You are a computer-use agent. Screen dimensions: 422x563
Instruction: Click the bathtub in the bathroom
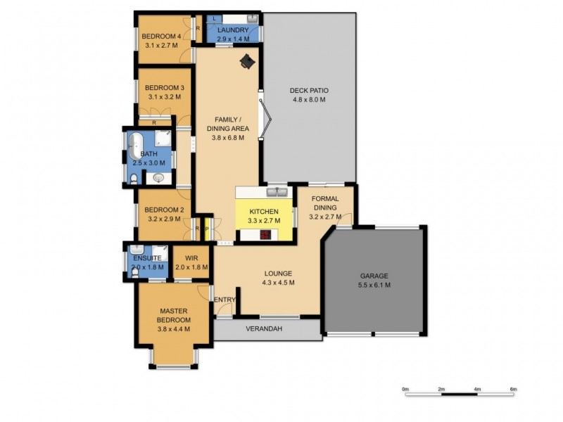coord(136,147)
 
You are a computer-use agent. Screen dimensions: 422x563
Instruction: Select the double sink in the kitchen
coord(276,192)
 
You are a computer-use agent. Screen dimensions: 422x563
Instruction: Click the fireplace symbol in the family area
coord(247,63)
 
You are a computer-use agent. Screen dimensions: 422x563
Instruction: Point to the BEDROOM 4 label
coord(161,37)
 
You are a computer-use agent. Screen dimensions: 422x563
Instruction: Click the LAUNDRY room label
coord(232,30)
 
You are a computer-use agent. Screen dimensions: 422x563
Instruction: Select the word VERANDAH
coord(264,328)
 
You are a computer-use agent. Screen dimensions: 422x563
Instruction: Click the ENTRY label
coord(224,300)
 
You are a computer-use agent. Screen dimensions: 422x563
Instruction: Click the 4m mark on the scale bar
coord(477,389)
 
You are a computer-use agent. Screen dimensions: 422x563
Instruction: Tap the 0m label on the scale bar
coord(405,389)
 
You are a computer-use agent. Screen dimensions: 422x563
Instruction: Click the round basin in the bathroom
coord(159,179)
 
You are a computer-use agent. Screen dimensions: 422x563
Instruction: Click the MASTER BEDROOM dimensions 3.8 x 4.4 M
coord(174,329)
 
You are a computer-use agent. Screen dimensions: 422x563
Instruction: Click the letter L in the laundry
coord(214,19)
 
